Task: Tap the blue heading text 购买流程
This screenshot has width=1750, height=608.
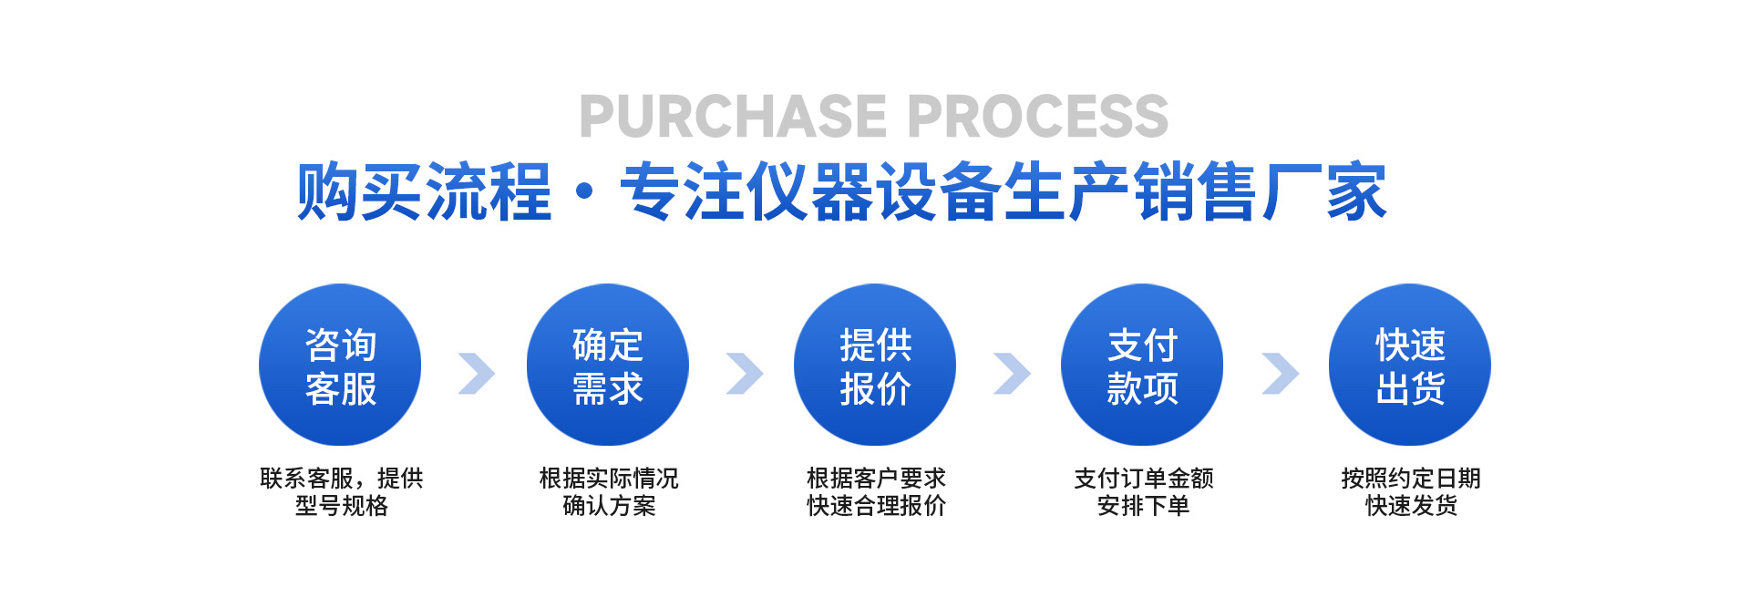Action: coord(425,192)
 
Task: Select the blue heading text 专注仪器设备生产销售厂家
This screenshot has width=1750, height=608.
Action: coord(1003,192)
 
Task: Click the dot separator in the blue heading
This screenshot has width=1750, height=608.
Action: coord(586,193)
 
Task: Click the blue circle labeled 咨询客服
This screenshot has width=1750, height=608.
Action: coord(340,365)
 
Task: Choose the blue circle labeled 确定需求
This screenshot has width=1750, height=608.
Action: coord(607,365)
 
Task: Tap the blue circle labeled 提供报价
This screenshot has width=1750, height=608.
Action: coord(875,365)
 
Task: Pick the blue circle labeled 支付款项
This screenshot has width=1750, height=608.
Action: coord(1142,365)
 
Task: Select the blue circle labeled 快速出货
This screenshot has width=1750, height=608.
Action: coord(1410,365)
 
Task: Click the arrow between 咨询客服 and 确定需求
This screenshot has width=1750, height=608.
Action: coord(476,373)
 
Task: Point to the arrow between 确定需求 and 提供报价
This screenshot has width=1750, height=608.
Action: coord(744,373)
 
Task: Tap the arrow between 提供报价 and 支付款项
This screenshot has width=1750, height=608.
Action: coord(1011,373)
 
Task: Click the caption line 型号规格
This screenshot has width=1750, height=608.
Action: coord(341,506)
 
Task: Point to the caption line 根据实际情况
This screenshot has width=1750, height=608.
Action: coord(608,479)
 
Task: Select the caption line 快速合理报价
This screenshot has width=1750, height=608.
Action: coord(876,506)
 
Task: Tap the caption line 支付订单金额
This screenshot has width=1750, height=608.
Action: coord(1143,479)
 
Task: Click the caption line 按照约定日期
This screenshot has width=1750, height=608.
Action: coord(1410,479)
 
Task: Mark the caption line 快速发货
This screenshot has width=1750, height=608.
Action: coord(1411,506)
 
